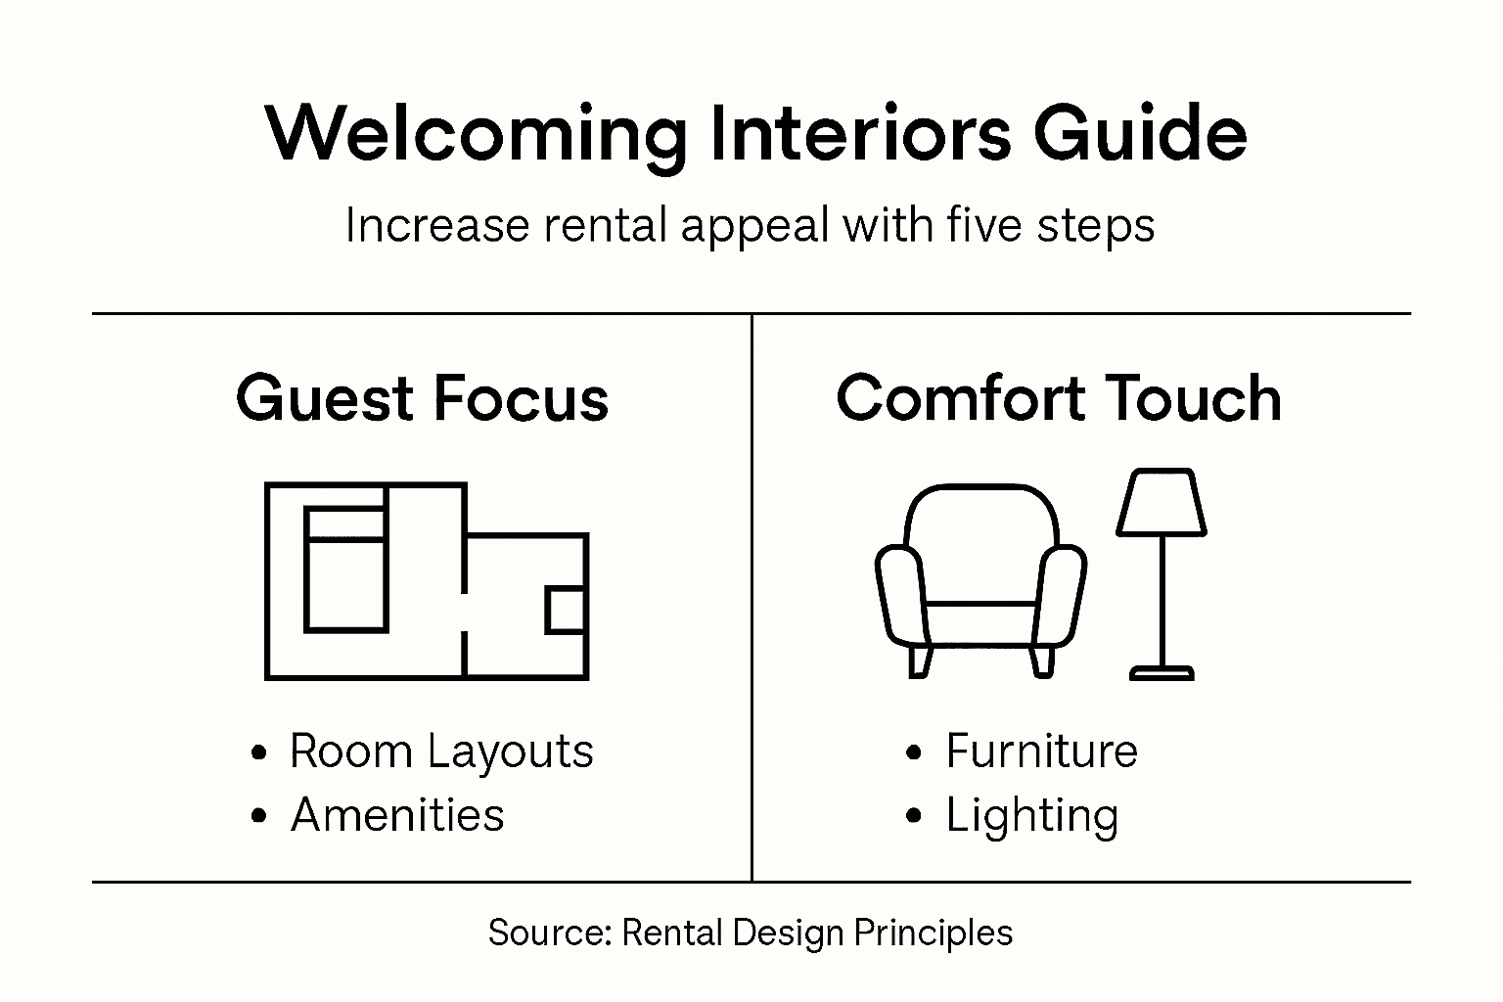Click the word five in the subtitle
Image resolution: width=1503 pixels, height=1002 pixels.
[979, 225]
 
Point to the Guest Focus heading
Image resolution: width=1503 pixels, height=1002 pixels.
[422, 398]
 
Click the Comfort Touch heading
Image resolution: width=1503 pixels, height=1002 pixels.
[1059, 398]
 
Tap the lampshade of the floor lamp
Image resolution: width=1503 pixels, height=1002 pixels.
[1161, 503]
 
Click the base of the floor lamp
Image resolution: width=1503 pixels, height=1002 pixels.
[1161, 672]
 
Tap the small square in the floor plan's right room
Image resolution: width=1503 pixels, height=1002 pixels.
[566, 611]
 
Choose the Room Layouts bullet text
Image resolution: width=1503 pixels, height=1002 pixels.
[441, 751]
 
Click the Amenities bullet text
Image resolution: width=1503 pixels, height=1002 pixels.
[397, 815]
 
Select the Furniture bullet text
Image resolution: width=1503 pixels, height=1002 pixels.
[1041, 751]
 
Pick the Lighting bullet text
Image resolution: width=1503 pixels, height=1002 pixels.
[1031, 816]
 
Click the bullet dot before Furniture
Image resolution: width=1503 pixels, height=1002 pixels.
[914, 752]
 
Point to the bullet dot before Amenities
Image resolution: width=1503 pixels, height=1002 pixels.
[258, 816]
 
